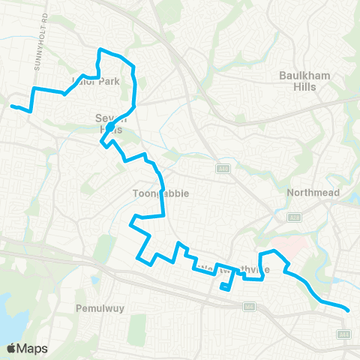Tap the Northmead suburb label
[x=314, y=193]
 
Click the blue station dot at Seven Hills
[x=109, y=127]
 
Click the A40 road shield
[x=223, y=167]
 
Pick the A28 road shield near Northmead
[x=295, y=217]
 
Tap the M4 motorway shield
[x=248, y=306]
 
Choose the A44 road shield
[x=344, y=334]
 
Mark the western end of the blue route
[x=11, y=106]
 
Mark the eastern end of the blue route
[x=349, y=309]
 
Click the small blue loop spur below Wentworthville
[x=225, y=287]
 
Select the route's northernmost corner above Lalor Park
[x=100, y=49]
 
